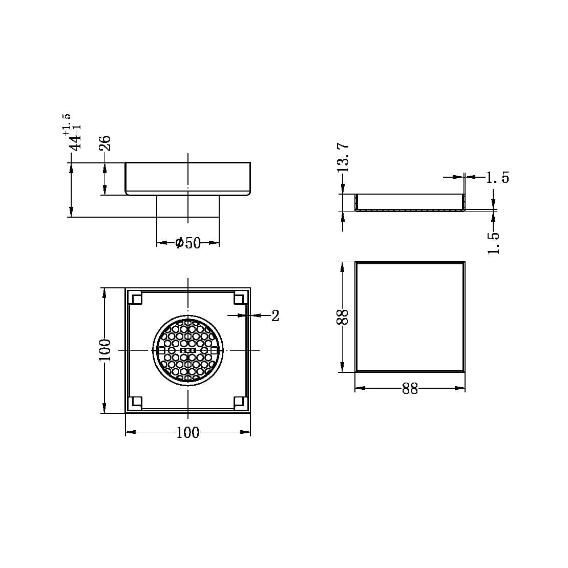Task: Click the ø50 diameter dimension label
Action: click(188, 243)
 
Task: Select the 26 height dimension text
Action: click(104, 142)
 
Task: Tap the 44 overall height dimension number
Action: click(76, 140)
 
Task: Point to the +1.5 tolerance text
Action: click(67, 124)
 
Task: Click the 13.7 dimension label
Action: click(343, 157)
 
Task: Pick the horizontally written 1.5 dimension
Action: click(497, 178)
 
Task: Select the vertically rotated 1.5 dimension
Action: click(493, 242)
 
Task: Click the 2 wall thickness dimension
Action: click(275, 316)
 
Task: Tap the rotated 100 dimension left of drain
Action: click(104, 350)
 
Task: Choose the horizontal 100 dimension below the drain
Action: click(187, 433)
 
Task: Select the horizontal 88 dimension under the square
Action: click(410, 389)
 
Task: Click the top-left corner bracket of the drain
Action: click(135, 298)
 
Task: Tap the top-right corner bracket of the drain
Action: click(240, 298)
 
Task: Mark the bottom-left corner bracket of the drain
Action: click(135, 403)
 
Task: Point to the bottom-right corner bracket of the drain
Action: click(240, 403)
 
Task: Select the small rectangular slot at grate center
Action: click(188, 350)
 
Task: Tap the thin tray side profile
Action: click(410, 203)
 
